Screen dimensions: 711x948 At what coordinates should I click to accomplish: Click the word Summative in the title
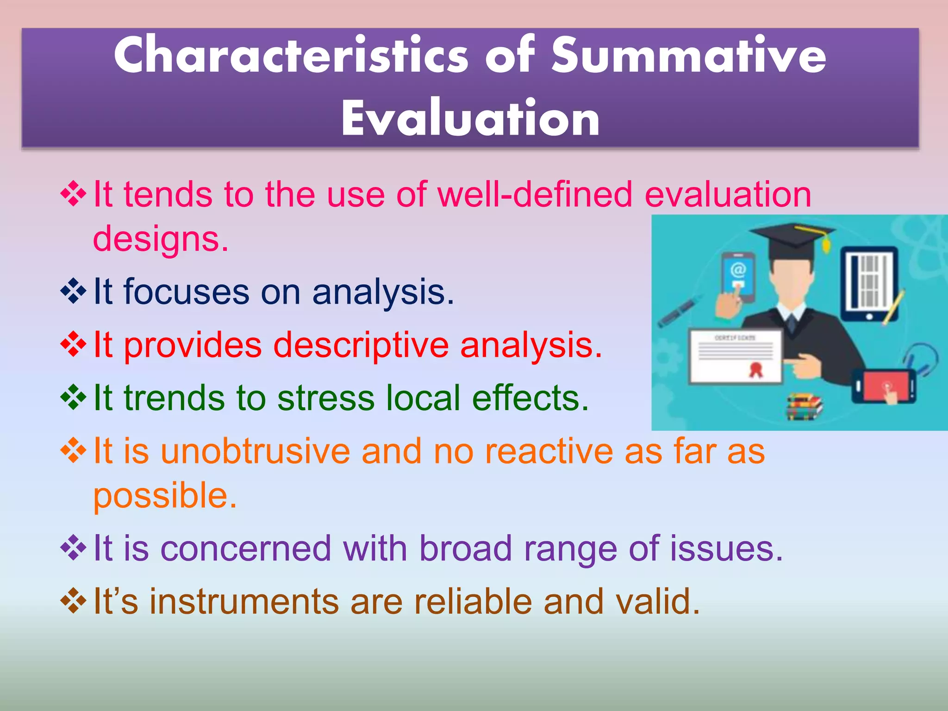coord(688,56)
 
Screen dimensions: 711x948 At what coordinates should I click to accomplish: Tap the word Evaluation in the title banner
coord(470,119)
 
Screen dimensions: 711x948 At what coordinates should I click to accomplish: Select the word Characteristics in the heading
coord(291,56)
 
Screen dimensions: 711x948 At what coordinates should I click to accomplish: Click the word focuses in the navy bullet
coord(187,292)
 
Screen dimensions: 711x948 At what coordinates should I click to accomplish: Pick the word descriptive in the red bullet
coord(361,345)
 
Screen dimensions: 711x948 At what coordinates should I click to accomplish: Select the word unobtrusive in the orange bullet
coord(255,451)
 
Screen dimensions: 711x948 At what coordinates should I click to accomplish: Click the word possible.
coord(165,496)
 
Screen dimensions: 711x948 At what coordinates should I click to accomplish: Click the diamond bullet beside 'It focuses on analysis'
coord(73,292)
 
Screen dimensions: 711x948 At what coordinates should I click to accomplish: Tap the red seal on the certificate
coord(756,369)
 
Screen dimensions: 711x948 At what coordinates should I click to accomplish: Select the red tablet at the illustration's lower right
coord(884,386)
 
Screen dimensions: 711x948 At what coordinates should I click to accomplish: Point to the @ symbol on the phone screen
coord(738,269)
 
